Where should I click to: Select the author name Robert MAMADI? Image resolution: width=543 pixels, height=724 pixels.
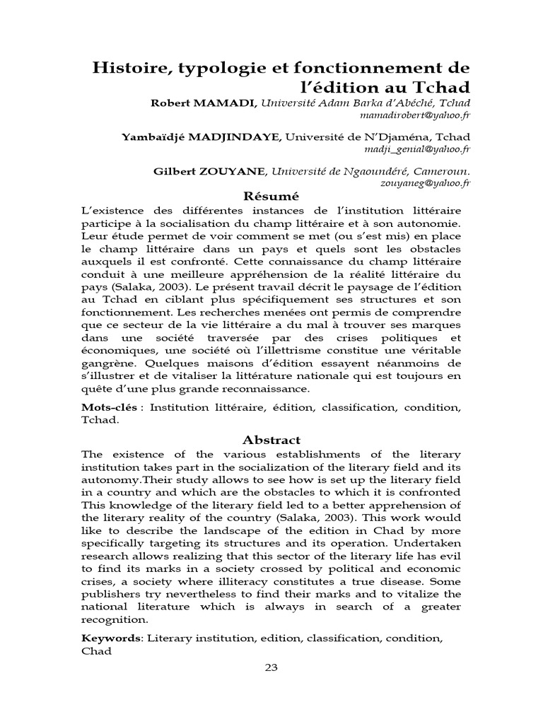point(204,103)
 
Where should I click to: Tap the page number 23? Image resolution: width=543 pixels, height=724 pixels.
point(271,668)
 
